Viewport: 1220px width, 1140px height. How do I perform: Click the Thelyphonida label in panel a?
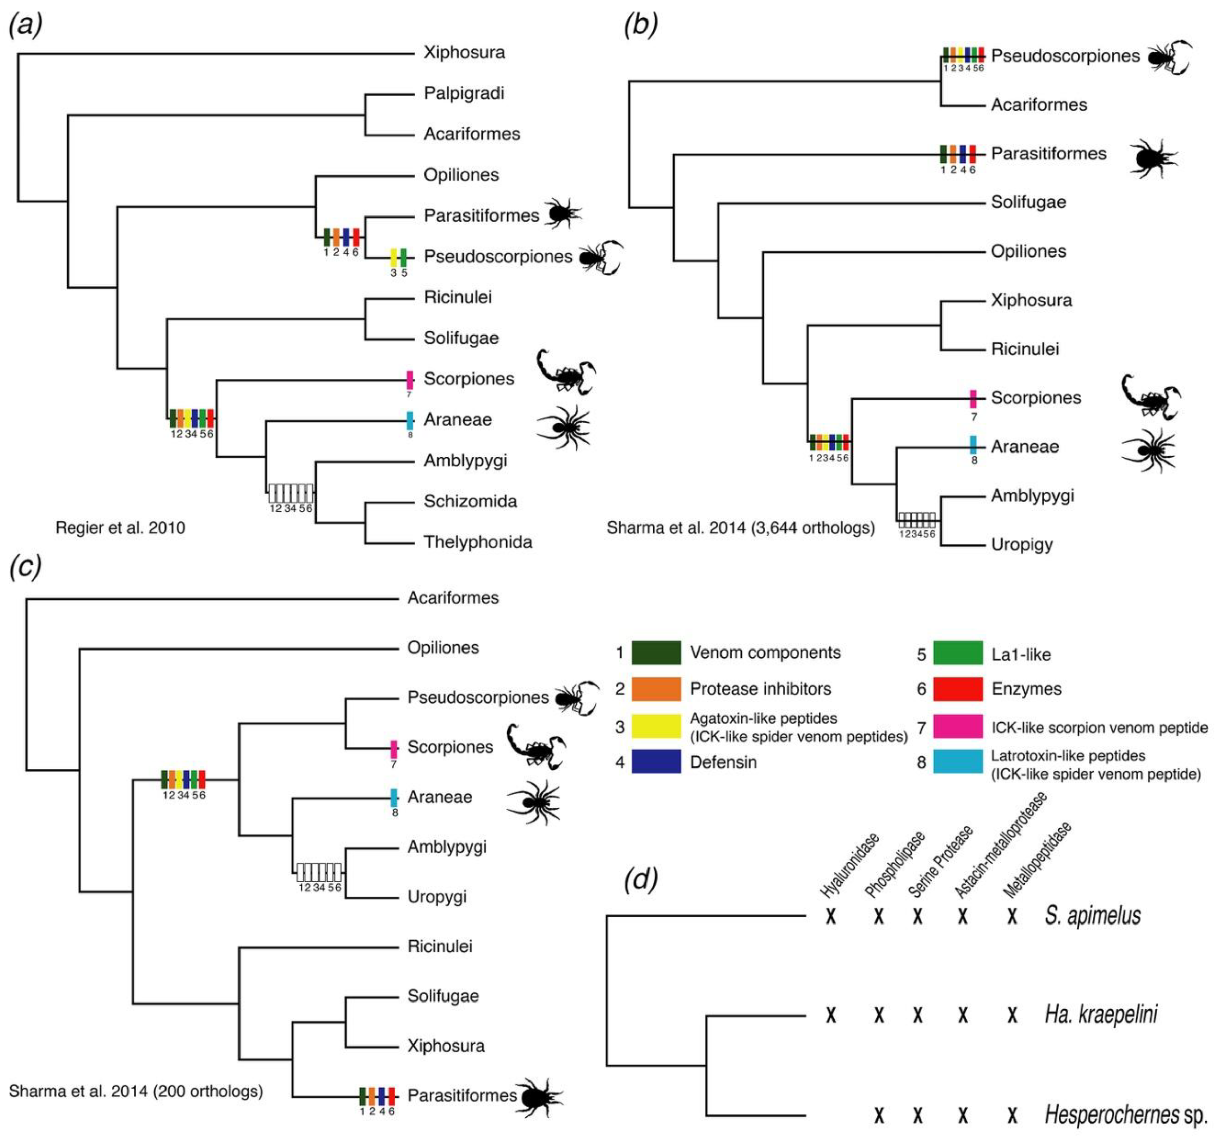(477, 542)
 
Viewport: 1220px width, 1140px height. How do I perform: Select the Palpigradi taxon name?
(463, 93)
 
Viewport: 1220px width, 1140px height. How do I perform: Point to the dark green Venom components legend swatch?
(656, 653)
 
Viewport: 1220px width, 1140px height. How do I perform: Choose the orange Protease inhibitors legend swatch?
(656, 689)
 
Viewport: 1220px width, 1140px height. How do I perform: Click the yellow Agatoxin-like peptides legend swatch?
(656, 726)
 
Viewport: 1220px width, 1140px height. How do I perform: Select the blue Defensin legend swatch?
(656, 762)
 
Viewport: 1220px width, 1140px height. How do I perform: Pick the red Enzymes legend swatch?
(957, 689)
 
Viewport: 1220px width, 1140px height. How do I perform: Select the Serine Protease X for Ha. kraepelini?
(918, 1016)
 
